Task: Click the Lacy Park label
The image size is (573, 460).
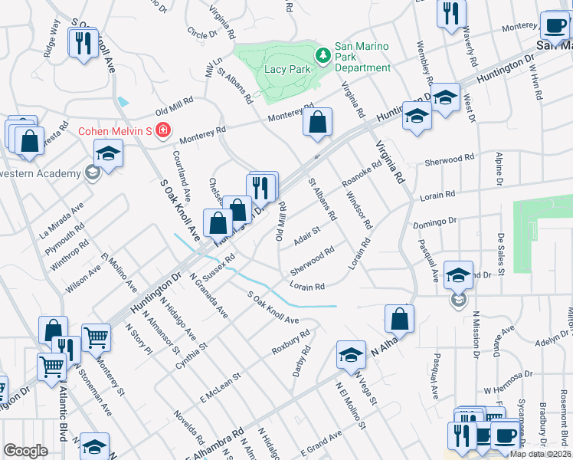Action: coord(286,68)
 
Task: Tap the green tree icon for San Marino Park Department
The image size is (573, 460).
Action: coord(323,54)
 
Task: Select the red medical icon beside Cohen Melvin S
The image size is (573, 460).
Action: coord(162,130)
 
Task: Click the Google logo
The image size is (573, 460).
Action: coord(25,451)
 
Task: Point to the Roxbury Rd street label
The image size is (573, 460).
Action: coord(290,343)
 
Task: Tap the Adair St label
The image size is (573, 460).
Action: coord(306,237)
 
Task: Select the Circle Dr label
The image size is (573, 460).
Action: coord(201,34)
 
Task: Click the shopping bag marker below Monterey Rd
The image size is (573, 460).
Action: coord(317,122)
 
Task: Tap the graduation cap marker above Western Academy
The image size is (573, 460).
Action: coord(108,153)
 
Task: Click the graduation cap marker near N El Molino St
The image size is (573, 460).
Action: coord(351,353)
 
